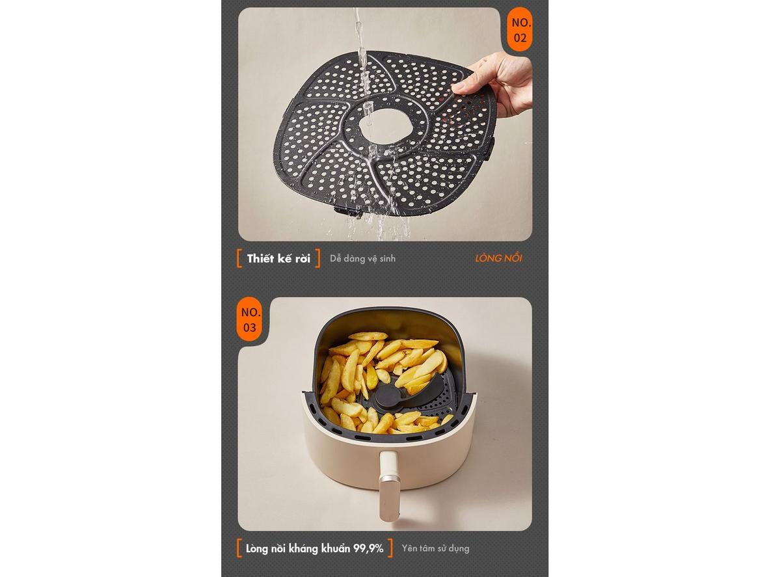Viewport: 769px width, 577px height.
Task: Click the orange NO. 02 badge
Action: coord(520,31)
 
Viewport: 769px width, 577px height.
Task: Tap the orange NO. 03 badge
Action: coord(249,319)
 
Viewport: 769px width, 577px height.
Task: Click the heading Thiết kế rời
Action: coord(278,258)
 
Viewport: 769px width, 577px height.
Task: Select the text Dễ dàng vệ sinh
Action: coord(362,258)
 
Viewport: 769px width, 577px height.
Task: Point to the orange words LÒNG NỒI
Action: coord(498,258)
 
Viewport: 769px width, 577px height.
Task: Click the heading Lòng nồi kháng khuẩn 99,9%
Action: coord(314,548)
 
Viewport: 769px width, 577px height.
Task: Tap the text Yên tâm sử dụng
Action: coord(435,548)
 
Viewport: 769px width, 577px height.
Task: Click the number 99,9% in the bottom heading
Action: coord(368,548)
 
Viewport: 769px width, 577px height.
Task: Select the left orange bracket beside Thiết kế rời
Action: coord(239,258)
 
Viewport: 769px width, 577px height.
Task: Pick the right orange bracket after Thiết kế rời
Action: coord(317,258)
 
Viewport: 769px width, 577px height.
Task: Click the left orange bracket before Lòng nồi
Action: coord(239,548)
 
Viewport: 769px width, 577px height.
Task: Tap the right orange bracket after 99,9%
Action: coord(390,548)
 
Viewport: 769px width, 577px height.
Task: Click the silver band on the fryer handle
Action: coord(389,478)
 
